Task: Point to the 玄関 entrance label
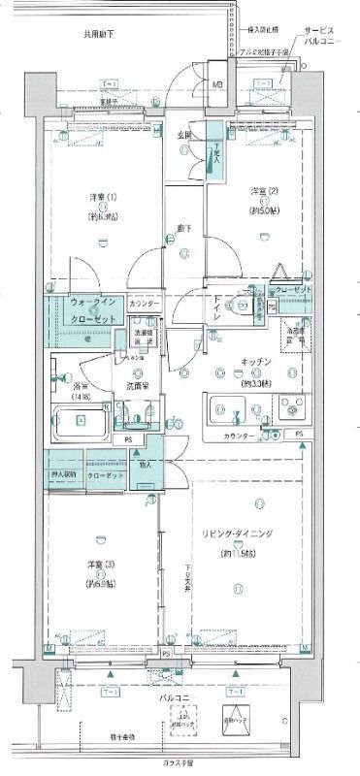click(184, 135)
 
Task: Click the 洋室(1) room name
click(101, 199)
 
